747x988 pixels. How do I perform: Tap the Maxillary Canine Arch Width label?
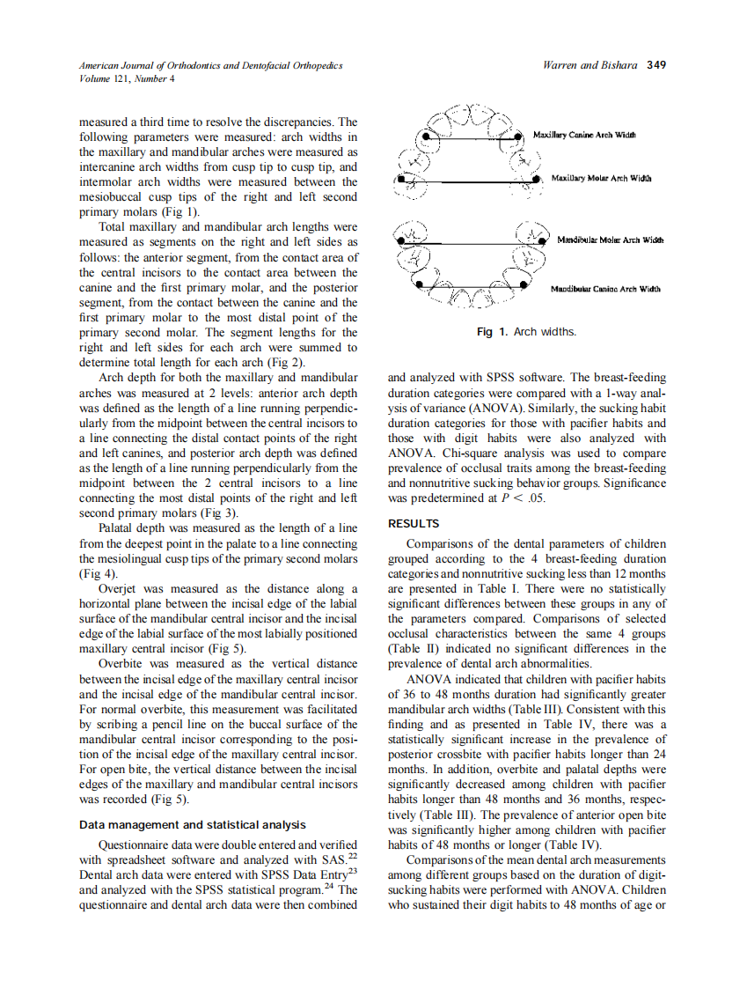point(584,135)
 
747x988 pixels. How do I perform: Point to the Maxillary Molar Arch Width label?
point(601,179)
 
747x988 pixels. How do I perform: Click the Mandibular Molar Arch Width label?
point(610,240)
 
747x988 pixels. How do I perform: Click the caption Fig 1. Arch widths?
point(526,332)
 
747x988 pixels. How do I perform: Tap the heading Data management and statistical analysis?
point(193,825)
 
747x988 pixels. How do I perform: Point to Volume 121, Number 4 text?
point(127,78)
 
